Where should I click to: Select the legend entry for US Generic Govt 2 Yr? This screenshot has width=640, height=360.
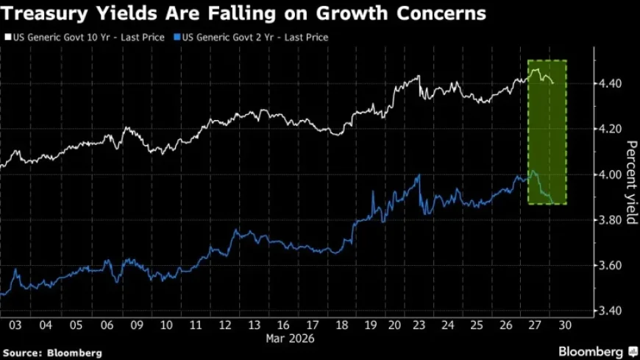coord(252,37)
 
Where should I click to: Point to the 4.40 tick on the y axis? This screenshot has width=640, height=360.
coord(606,83)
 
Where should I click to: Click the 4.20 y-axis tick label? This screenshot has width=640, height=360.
coord(606,129)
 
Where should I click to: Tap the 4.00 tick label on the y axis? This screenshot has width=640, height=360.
coord(606,174)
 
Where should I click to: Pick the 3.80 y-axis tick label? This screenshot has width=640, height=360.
coord(606,220)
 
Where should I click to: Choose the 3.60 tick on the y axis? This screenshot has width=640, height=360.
coord(606,265)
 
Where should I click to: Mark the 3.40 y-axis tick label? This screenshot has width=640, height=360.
coord(606,311)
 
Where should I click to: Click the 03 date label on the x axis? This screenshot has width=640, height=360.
coord(15,325)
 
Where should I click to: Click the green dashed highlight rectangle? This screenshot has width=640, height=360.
coord(547,133)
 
